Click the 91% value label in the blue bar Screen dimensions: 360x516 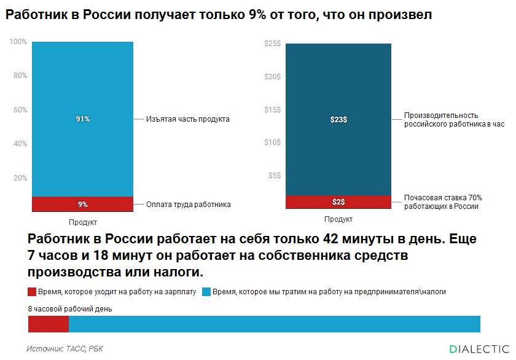83,119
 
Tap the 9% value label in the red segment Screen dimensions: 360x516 83,205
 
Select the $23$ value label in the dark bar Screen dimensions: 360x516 338,120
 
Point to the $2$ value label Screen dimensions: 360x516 338,202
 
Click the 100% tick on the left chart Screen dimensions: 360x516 18,42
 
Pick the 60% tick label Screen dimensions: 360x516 20,110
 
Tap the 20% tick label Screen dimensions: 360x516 20,178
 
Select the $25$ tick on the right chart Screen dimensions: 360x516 272,44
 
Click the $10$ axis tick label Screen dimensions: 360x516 272,143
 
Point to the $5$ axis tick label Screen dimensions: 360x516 274,176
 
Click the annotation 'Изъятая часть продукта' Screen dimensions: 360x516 188,119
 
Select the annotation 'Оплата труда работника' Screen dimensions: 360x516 189,205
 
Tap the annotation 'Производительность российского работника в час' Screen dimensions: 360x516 453,120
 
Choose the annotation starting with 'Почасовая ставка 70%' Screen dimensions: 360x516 443,202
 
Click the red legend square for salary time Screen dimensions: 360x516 33,292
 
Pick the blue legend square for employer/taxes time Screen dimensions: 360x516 206,292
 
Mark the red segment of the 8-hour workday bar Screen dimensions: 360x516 49,324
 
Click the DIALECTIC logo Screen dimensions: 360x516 479,348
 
